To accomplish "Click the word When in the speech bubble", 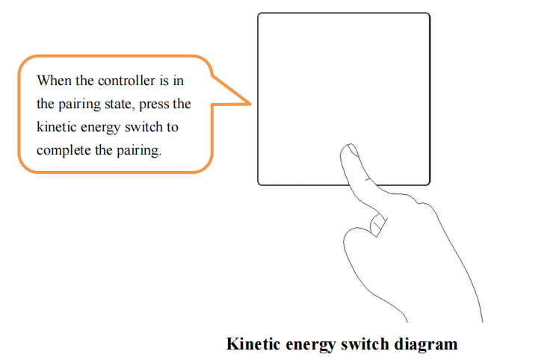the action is point(54,81).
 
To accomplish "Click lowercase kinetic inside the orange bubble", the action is point(57,126).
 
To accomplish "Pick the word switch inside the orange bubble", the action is point(143,126).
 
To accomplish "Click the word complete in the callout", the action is point(64,151).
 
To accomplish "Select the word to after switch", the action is point(173,127).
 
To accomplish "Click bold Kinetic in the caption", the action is point(253,344).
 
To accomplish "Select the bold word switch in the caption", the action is point(365,344).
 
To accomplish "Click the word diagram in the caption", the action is point(426,344).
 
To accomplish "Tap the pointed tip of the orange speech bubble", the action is point(251,104).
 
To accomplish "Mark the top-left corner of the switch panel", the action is point(258,13).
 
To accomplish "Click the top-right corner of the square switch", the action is point(430,13).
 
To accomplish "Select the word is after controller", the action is point(164,81).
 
